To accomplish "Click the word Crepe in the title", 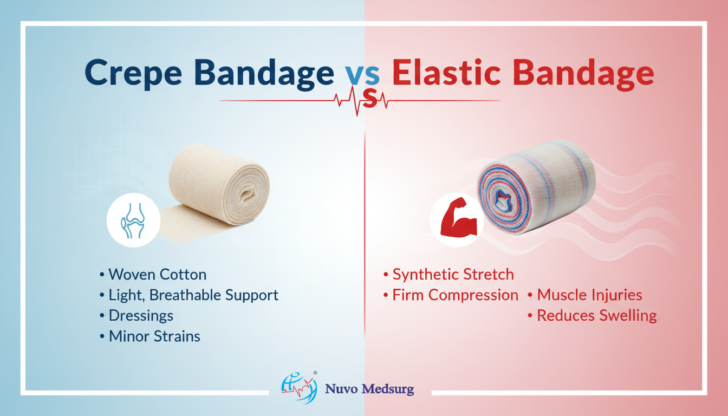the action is (x=133, y=74).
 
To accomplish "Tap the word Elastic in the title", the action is (x=446, y=73).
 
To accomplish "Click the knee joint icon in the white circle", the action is (x=133, y=220).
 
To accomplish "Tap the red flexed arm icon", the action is (x=458, y=217).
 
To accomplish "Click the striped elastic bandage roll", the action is (x=536, y=187).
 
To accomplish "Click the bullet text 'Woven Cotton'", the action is (x=157, y=275).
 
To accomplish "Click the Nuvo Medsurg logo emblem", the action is (x=299, y=388).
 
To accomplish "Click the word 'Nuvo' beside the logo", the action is (x=341, y=389).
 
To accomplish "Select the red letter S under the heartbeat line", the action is (x=370, y=99).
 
